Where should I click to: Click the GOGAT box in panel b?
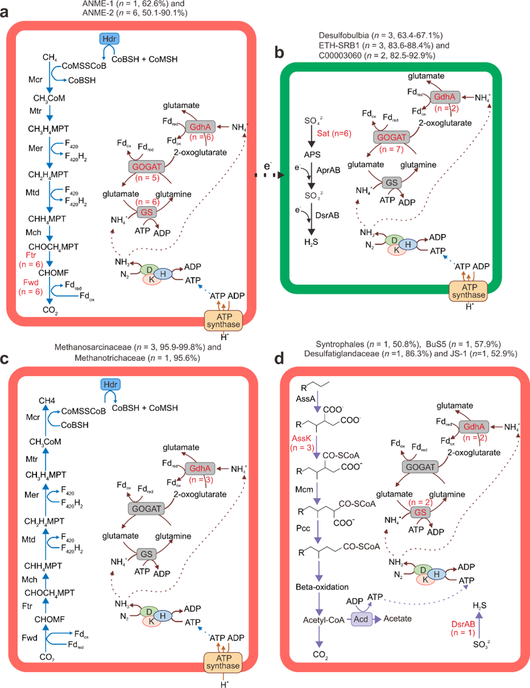click(x=388, y=138)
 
